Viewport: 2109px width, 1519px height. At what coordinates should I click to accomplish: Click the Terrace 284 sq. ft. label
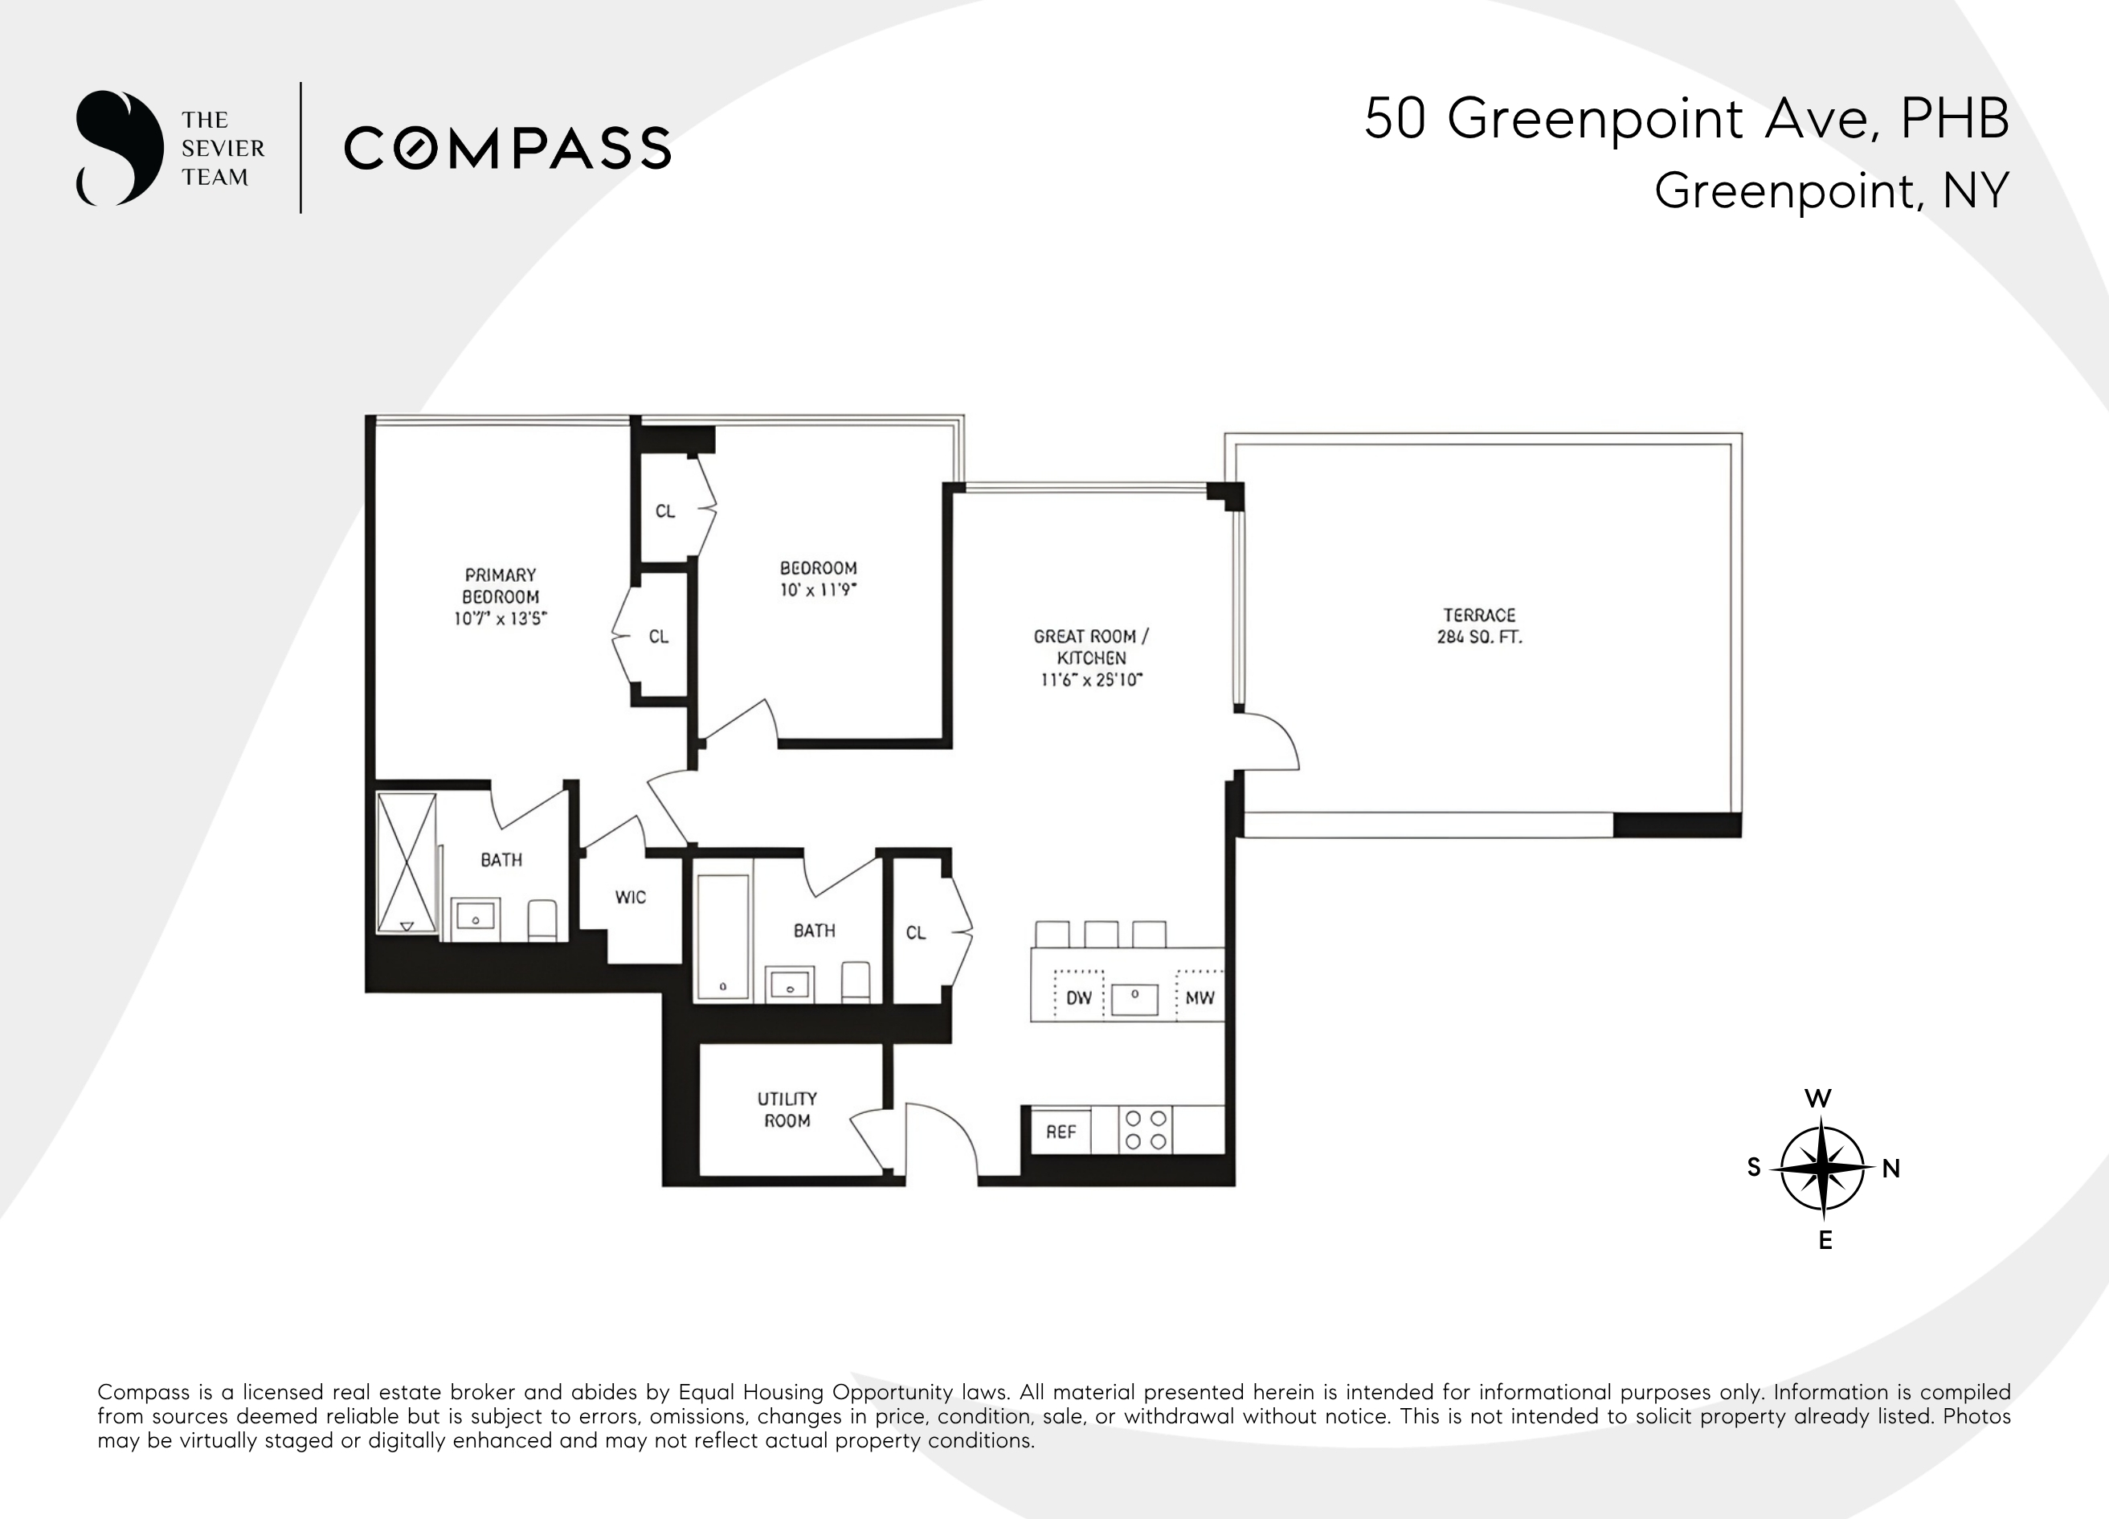coord(1478,626)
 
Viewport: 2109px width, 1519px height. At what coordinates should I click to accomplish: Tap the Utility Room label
coord(787,1110)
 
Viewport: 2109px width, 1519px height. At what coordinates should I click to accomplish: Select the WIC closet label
coord(630,898)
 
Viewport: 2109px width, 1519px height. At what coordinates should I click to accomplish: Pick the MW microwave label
coord(1200,998)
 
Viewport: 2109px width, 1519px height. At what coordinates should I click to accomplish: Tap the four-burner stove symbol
coord(1146,1130)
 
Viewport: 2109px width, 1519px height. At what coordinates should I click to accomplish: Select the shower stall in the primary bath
coord(407,862)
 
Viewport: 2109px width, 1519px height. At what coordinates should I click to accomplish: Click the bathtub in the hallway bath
coord(722,936)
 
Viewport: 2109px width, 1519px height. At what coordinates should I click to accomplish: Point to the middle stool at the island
coord(1101,934)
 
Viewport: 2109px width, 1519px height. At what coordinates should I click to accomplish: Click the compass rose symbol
coord(1823,1169)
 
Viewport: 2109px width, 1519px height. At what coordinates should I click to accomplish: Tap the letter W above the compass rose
coord(1818,1099)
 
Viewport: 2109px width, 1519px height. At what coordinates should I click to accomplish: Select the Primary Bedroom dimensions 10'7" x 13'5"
coord(501,620)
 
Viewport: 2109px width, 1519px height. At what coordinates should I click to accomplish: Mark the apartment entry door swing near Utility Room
coord(939,1140)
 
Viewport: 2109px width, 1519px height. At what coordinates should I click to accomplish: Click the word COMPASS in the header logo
coord(508,149)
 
